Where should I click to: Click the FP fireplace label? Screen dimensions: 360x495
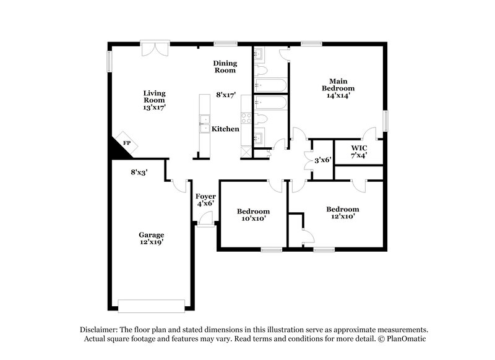click(x=127, y=143)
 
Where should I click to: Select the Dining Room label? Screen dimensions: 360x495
click(x=225, y=67)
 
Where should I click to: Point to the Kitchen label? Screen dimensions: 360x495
click(x=225, y=129)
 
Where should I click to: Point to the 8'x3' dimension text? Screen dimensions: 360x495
click(x=139, y=173)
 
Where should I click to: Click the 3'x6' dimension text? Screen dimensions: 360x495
click(x=323, y=160)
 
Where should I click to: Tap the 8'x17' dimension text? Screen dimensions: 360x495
click(x=226, y=95)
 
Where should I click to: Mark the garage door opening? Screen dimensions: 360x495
click(x=151, y=306)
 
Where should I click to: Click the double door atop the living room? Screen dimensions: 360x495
click(x=153, y=47)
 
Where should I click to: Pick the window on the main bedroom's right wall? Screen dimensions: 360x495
click(x=385, y=120)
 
